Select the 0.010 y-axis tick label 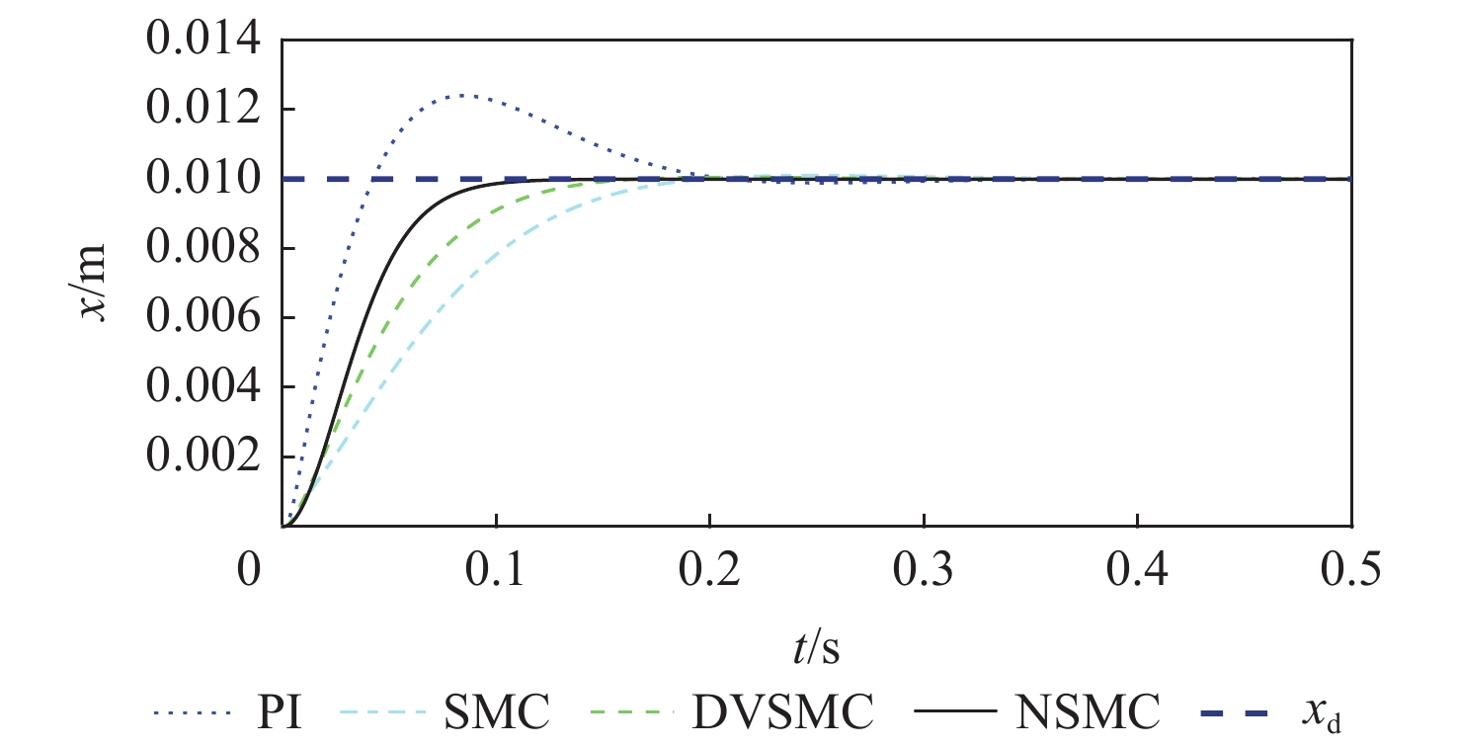click(204, 179)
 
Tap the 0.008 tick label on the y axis click(204, 249)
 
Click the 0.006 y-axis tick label click(204, 318)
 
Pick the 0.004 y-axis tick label click(204, 388)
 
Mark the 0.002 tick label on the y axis click(204, 457)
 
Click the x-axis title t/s click(815, 650)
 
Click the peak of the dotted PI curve click(462, 95)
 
